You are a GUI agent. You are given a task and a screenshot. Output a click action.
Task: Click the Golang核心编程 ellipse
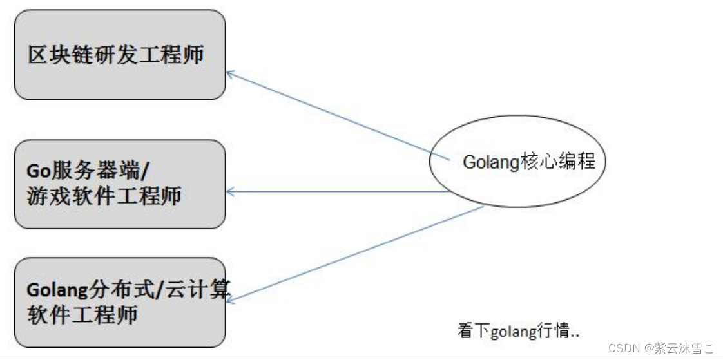click(x=517, y=162)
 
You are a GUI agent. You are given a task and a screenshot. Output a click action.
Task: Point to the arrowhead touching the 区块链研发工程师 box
click(x=229, y=74)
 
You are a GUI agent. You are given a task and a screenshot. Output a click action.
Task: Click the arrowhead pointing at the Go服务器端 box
click(x=229, y=191)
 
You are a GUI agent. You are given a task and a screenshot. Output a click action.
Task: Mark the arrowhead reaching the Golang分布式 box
click(x=230, y=299)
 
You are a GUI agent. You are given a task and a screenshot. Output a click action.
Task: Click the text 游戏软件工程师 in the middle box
click(x=104, y=196)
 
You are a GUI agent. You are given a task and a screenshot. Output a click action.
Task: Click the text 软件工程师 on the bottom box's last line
click(x=82, y=315)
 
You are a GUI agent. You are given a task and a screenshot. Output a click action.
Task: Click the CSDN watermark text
click(x=622, y=348)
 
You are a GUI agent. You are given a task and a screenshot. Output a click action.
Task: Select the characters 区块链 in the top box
click(x=59, y=55)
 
